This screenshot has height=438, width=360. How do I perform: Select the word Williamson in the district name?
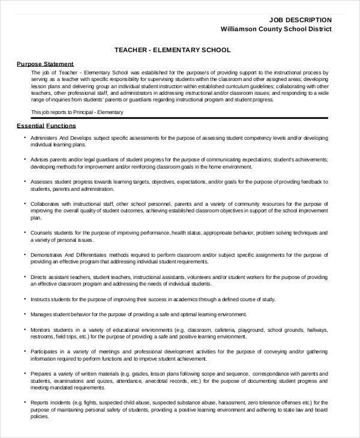[241, 29]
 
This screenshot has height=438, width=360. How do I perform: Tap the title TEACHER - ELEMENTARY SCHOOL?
[172, 50]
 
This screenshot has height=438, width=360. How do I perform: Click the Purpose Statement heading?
[45, 64]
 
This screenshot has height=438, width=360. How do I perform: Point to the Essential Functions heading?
[46, 127]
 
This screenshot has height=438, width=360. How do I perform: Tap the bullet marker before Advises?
[25, 159]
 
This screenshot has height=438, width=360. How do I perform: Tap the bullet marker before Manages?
[25, 314]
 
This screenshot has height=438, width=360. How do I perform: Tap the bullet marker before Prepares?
[25, 373]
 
